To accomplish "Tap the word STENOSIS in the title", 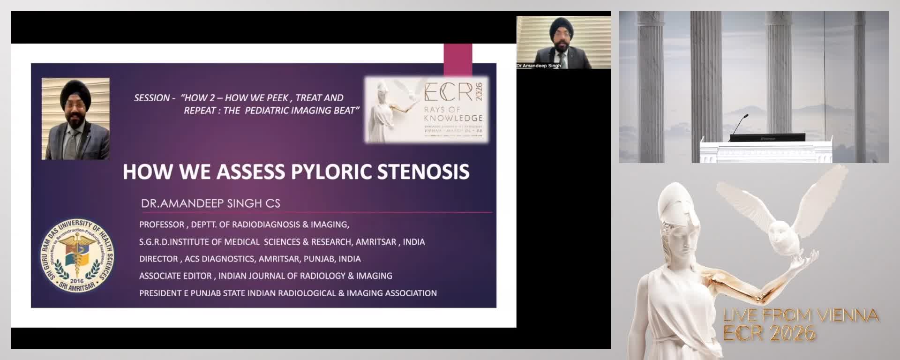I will pos(423,172).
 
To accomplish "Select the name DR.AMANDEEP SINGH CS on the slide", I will pos(210,203).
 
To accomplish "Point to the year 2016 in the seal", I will pos(76,281).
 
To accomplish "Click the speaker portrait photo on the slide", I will pos(75,119).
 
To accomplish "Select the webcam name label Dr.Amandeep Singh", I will pos(539,66).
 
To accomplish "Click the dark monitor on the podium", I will pos(767,138).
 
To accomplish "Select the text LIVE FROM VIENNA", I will pos(801,315).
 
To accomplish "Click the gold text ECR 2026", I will pos(769,333).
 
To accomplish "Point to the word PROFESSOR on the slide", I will pos(162,225).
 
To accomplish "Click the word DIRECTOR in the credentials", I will pos(158,259).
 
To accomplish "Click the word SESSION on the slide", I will pos(152,98).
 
